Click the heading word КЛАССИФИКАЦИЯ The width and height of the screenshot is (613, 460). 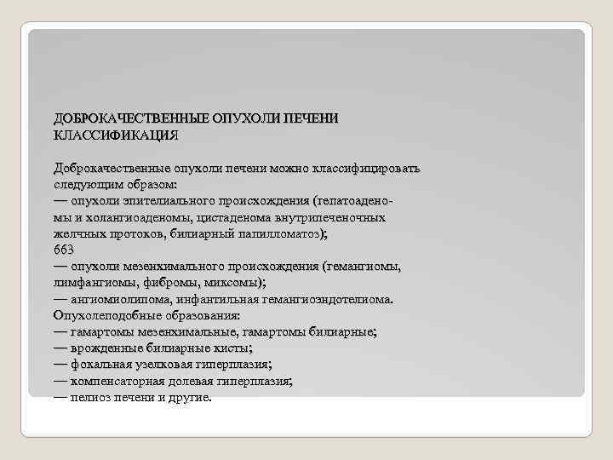[x=116, y=135]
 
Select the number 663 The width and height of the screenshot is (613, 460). [x=63, y=250]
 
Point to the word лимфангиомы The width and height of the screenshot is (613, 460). [x=89, y=283]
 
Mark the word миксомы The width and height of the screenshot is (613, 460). [x=228, y=283]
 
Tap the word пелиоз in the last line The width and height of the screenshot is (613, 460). [x=89, y=398]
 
